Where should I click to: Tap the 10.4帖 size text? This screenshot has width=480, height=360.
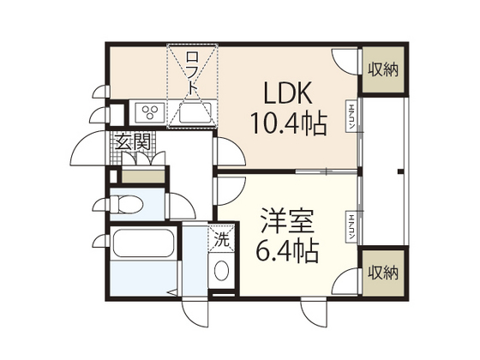tap(287, 125)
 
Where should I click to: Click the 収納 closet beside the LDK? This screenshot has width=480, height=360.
tap(382, 69)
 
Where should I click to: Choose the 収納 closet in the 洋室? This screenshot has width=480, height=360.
tap(382, 273)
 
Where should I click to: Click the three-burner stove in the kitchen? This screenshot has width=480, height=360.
tap(150, 112)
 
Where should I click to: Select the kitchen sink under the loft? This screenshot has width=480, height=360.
tap(195, 112)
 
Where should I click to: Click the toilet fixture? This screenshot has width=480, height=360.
tap(129, 205)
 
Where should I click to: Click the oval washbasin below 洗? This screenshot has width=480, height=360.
tap(221, 272)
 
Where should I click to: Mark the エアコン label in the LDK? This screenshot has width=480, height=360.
tap(351, 117)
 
